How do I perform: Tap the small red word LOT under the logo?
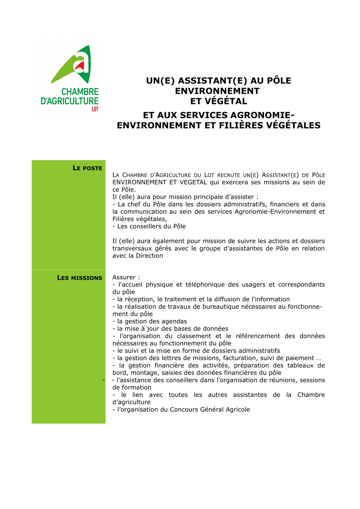[x=95, y=109]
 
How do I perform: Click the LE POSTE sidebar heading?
[x=87, y=168]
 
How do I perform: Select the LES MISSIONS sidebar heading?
[x=80, y=278]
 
